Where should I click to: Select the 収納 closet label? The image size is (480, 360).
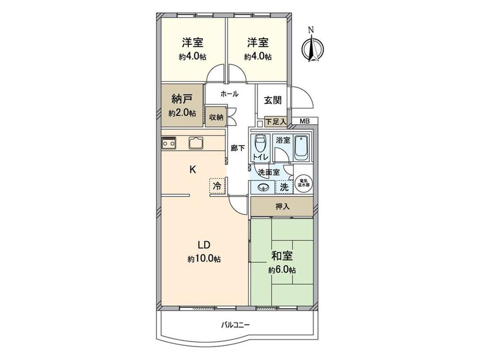pos(217,117)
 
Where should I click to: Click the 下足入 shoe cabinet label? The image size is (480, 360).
pos(275,122)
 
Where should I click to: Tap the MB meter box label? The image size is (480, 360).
pos(305,122)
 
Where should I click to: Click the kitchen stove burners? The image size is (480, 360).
pos(169,142)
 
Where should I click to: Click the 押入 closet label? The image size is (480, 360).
pos(282,207)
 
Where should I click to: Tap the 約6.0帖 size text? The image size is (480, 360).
pos(282,270)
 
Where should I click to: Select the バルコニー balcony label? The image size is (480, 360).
pos(235,325)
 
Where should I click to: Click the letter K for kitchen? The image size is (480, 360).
pos(193,169)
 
